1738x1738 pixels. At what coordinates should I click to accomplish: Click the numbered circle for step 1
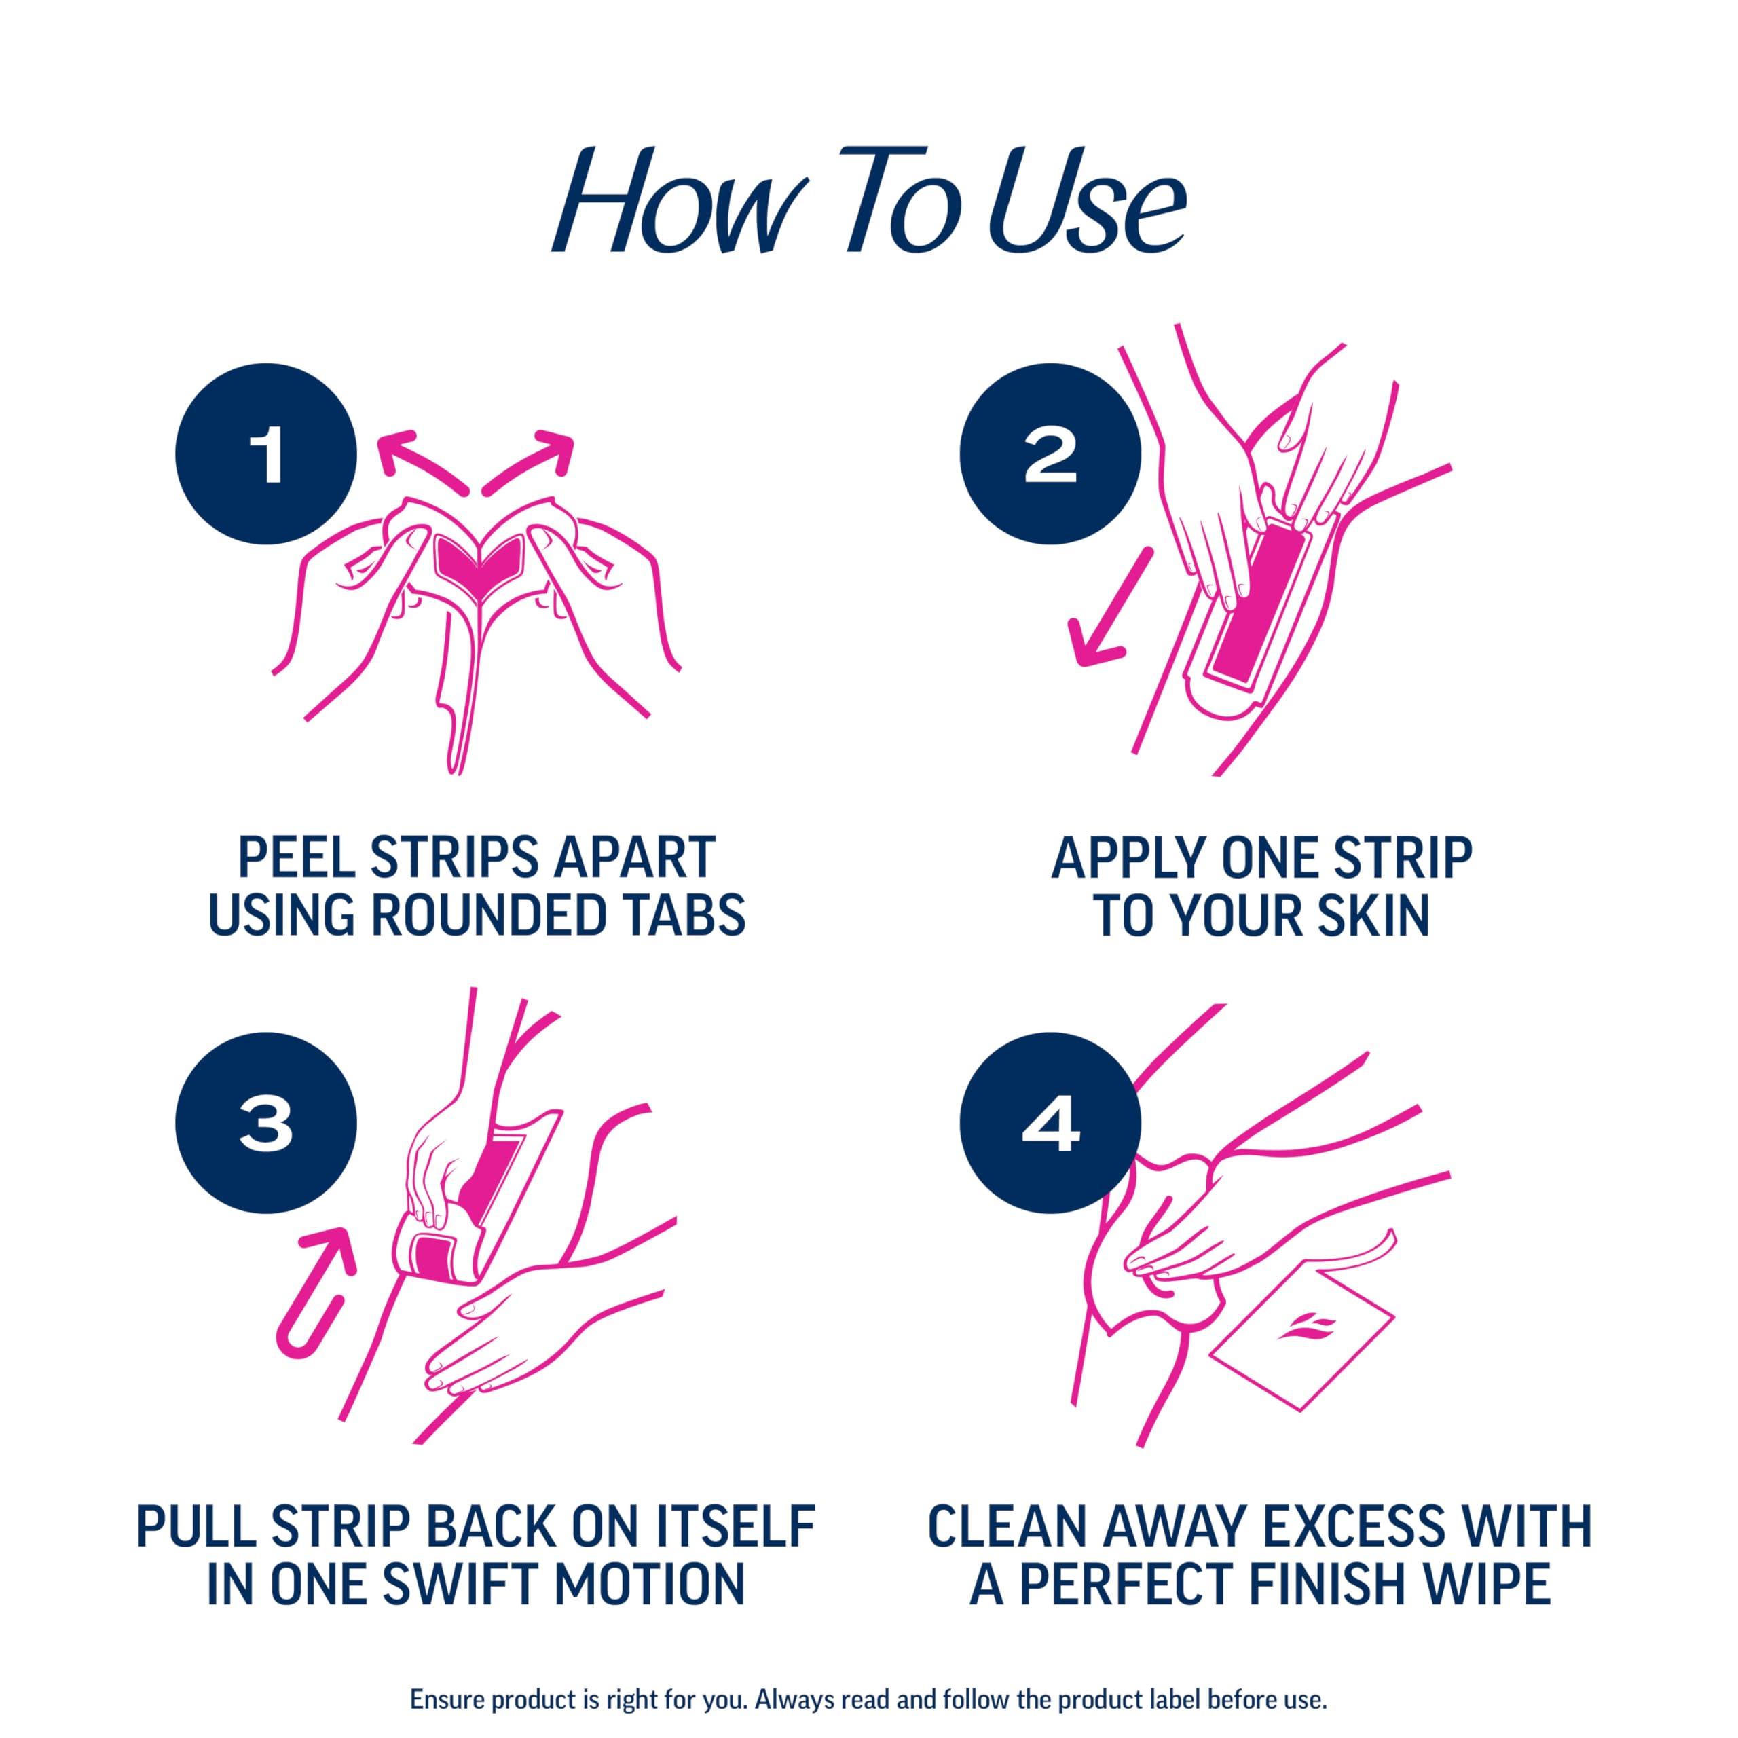[265, 455]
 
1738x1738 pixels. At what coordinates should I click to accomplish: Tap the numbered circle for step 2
[1050, 455]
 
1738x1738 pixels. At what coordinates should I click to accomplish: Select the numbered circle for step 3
[265, 1124]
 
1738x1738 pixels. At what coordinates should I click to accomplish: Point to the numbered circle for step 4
[1050, 1124]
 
